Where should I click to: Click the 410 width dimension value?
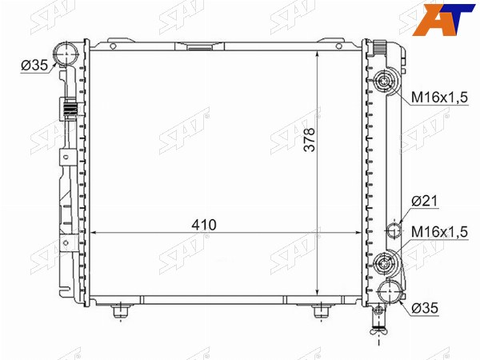[x=204, y=225]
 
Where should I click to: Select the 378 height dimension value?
[x=310, y=139]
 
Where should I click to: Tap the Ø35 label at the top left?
[x=34, y=66]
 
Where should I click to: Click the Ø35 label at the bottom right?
[x=425, y=308]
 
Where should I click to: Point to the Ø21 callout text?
[x=425, y=201]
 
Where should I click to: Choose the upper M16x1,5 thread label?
[x=439, y=98]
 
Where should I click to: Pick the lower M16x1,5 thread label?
[x=439, y=232]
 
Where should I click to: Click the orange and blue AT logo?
[x=443, y=19]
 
